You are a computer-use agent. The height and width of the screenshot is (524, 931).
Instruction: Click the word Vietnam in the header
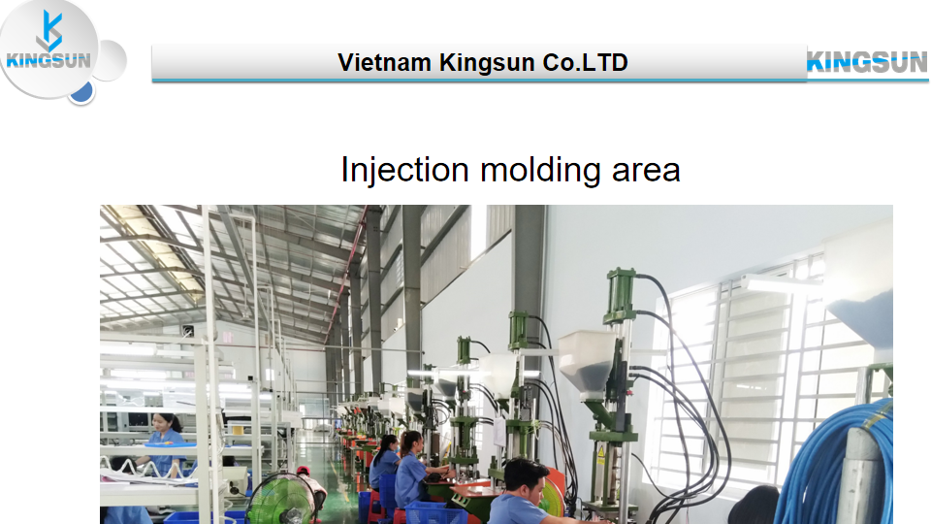[x=384, y=62]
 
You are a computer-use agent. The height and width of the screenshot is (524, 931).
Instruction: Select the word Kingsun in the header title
[x=487, y=63]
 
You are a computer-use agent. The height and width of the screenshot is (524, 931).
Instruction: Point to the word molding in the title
[x=541, y=171]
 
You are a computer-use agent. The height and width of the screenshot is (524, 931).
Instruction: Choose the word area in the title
[x=646, y=171]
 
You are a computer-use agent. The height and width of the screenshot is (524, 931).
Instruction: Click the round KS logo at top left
[x=48, y=49]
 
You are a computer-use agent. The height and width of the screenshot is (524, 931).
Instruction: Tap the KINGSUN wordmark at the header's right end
[x=867, y=62]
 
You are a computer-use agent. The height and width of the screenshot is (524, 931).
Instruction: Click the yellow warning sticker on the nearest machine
[x=600, y=456]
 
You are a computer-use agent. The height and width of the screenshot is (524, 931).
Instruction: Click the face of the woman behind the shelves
[x=160, y=424]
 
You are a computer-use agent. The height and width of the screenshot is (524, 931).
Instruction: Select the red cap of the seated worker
[x=303, y=471]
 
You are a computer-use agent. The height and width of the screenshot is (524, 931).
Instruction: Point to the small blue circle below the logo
[x=81, y=92]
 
